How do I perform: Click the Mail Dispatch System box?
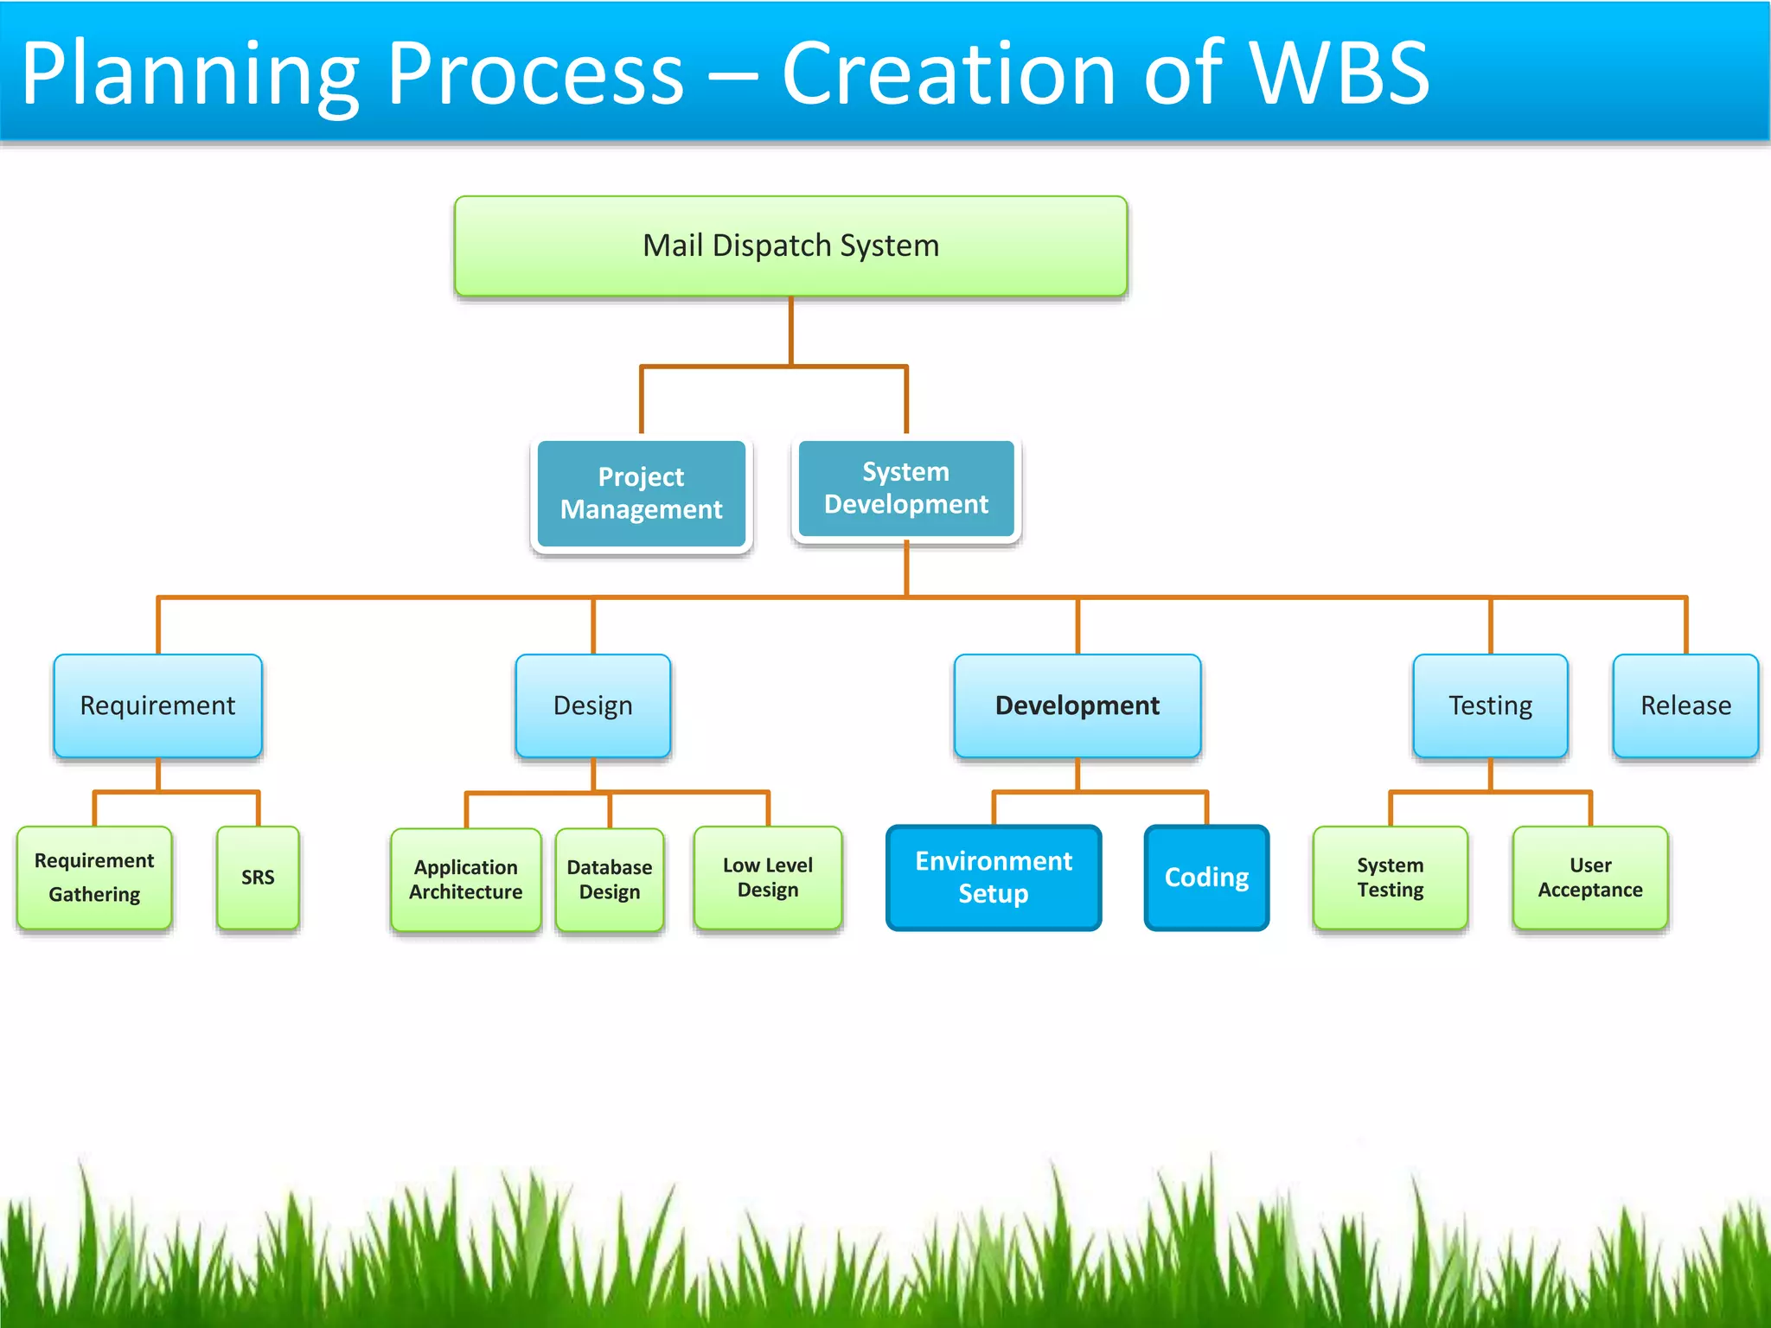[790, 246]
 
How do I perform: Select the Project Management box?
[641, 494]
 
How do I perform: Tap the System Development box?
[905, 488]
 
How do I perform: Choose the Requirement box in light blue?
[157, 705]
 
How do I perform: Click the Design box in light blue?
[592, 705]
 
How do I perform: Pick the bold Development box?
[1077, 705]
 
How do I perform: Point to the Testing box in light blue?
[1490, 705]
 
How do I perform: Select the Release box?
[1685, 705]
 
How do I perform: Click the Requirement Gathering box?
[94, 878]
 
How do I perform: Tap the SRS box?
[258, 878]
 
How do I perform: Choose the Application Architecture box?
[465, 879]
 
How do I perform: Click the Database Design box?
[610, 879]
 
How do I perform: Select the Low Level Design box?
[767, 878]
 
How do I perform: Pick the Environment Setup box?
[994, 878]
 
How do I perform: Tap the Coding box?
[1206, 878]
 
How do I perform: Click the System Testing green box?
[1390, 878]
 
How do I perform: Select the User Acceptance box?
[1589, 878]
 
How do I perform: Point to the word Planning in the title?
[190, 76]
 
